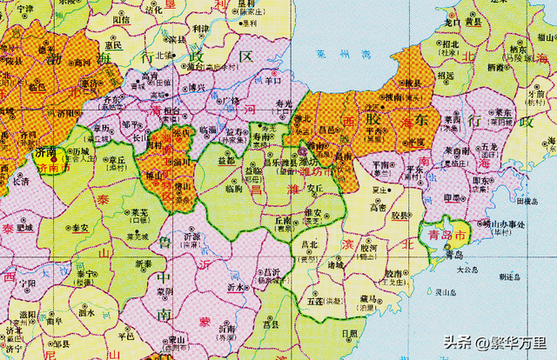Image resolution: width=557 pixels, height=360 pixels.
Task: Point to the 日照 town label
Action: [349, 333]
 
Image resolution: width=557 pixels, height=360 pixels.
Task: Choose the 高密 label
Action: [378, 208]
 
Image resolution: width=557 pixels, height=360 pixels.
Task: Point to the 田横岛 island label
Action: [529, 201]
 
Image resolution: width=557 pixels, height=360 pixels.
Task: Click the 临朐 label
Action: [233, 188]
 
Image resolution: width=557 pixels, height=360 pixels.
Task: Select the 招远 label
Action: [446, 74]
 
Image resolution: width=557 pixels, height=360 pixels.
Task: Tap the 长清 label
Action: [19, 181]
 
